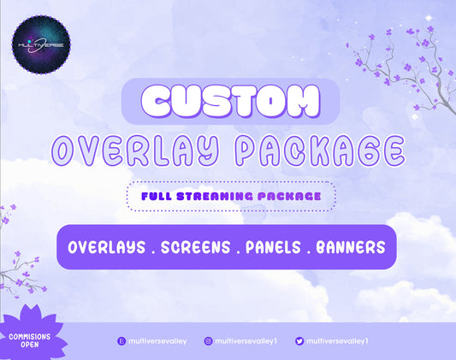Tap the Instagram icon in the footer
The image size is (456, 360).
[x=208, y=340]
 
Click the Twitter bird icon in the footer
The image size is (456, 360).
[x=299, y=340]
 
